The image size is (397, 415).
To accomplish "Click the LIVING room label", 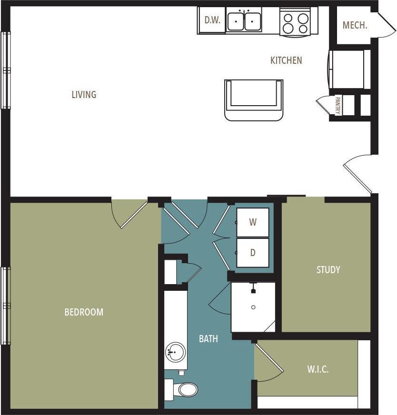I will [x=84, y=95].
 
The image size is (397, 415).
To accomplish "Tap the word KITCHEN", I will [x=286, y=60].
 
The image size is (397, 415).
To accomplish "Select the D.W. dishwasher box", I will [x=211, y=20].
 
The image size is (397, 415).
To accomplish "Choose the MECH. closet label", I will [x=355, y=25].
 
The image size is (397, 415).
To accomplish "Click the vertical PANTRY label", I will [x=337, y=105].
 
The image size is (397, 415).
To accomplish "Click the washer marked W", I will [x=253, y=222].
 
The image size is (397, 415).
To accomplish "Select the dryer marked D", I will [x=253, y=253].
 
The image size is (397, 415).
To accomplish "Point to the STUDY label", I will [x=328, y=270].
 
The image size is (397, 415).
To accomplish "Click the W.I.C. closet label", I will [x=318, y=369].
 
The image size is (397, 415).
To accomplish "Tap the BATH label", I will [x=208, y=339].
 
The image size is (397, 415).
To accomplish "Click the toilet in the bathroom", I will [x=185, y=390].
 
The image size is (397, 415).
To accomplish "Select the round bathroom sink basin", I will [x=175, y=353].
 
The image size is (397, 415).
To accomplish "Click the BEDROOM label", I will [x=84, y=312].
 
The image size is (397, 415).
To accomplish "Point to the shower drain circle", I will [x=253, y=307].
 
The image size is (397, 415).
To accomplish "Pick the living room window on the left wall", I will [x=6, y=70].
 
